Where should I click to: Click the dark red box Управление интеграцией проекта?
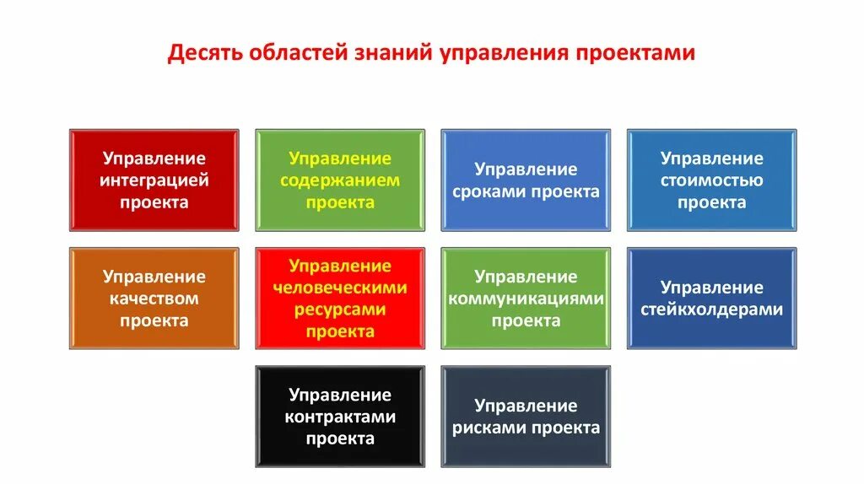click(154, 180)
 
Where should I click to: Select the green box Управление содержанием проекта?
click(340, 180)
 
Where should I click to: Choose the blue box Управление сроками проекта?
click(526, 180)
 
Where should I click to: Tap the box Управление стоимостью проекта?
click(711, 180)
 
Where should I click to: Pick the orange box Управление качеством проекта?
click(154, 298)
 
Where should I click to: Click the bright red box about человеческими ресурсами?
click(340, 298)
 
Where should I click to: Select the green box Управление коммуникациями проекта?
click(526, 298)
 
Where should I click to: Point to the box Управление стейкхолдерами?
click(711, 298)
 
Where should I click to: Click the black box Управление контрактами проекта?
click(340, 417)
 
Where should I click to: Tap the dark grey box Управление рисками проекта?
click(526, 417)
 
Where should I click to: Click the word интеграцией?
click(154, 180)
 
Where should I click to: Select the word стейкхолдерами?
click(711, 309)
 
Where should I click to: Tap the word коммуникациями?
click(526, 298)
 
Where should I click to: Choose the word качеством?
click(154, 298)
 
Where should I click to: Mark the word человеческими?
click(340, 288)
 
